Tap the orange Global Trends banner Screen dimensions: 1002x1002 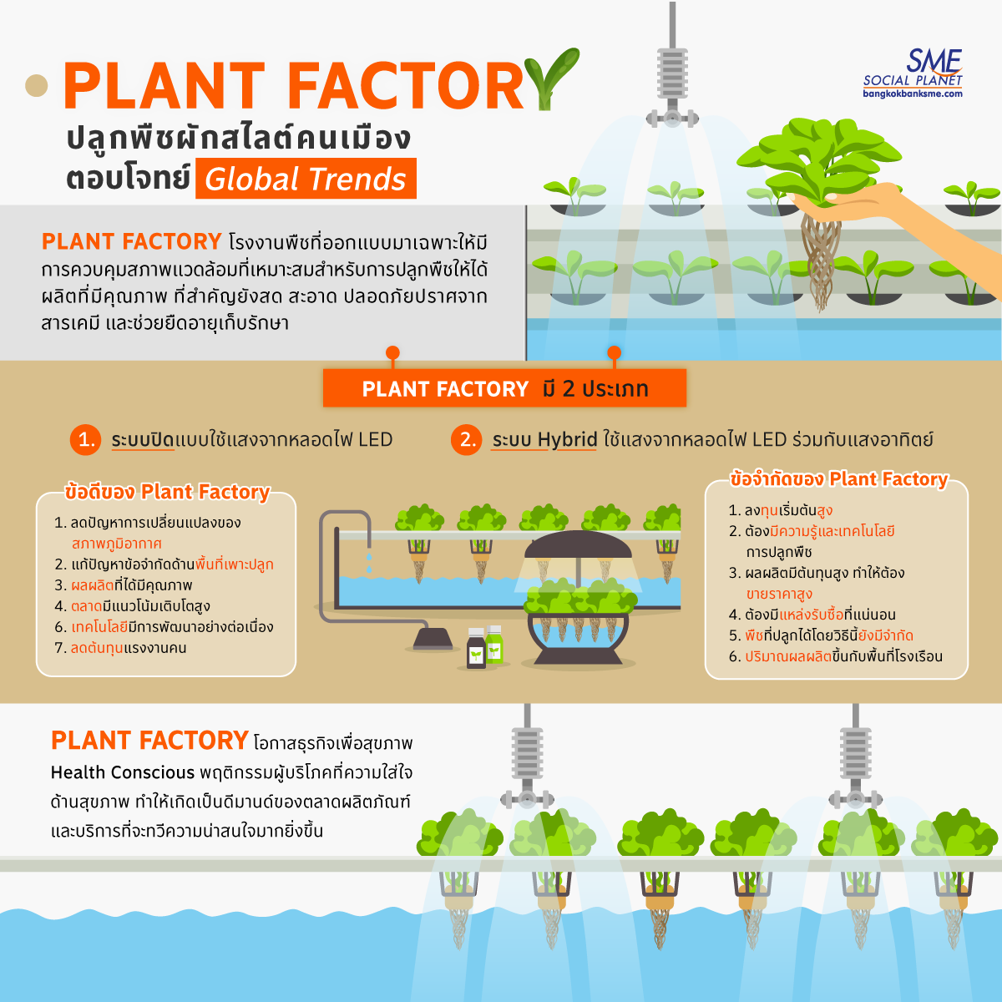(x=306, y=180)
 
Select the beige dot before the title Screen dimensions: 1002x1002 (x=37, y=85)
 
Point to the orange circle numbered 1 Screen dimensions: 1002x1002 (x=86, y=440)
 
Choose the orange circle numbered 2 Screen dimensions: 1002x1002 (x=467, y=440)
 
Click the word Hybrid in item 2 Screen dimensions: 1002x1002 (x=567, y=440)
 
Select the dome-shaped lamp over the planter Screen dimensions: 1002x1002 (x=577, y=547)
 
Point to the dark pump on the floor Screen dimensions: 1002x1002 (x=433, y=640)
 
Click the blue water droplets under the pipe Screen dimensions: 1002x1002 (x=368, y=561)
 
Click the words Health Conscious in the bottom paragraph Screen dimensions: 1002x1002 (x=123, y=772)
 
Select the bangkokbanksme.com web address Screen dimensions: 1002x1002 (x=913, y=94)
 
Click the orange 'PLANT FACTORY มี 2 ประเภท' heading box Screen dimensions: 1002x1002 (x=504, y=389)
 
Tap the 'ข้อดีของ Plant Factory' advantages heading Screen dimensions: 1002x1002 (x=167, y=492)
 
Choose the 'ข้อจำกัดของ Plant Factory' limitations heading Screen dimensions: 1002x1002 (x=838, y=479)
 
